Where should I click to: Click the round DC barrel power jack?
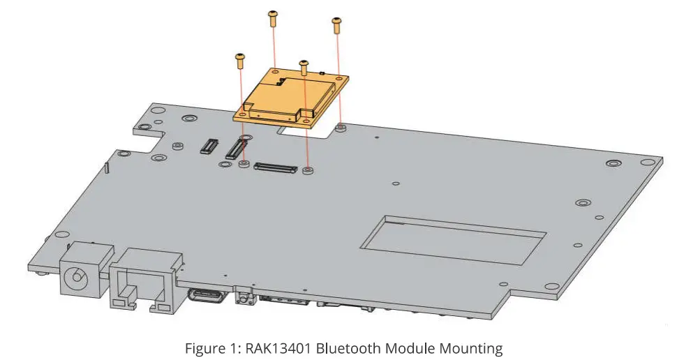click(x=76, y=278)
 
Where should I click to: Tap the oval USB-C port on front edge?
click(x=207, y=294)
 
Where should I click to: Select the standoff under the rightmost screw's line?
click(x=340, y=128)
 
